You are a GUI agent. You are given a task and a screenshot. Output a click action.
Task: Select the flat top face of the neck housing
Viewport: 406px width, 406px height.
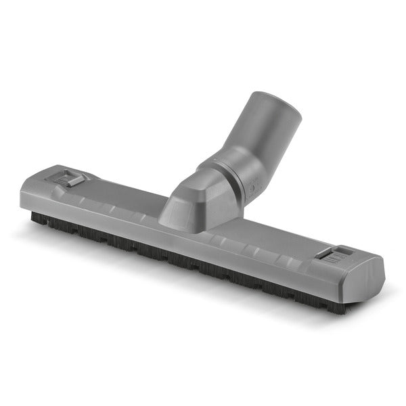click(196, 186)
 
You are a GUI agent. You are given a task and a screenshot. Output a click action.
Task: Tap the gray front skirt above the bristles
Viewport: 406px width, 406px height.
click(203, 250)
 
